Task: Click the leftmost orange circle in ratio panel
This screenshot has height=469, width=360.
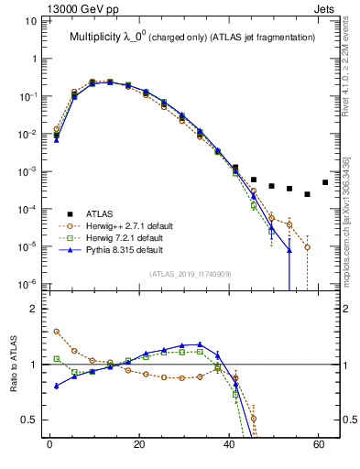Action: point(56,332)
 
